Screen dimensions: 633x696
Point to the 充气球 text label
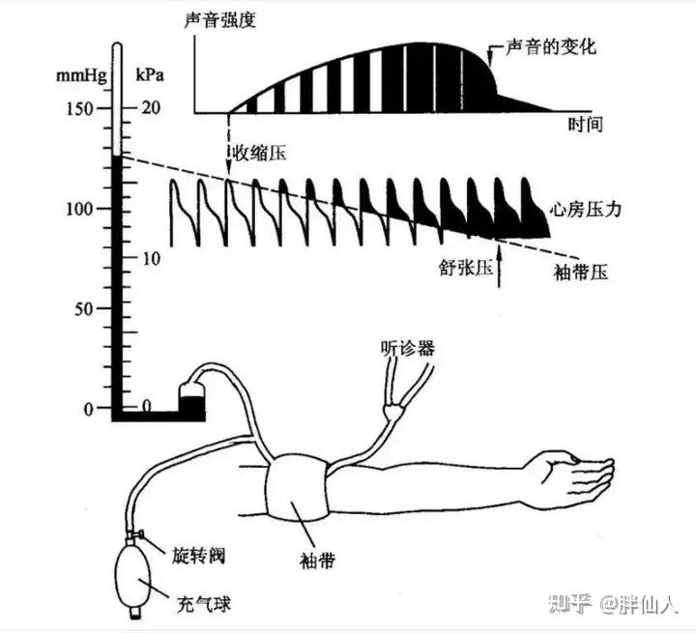[204, 606]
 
